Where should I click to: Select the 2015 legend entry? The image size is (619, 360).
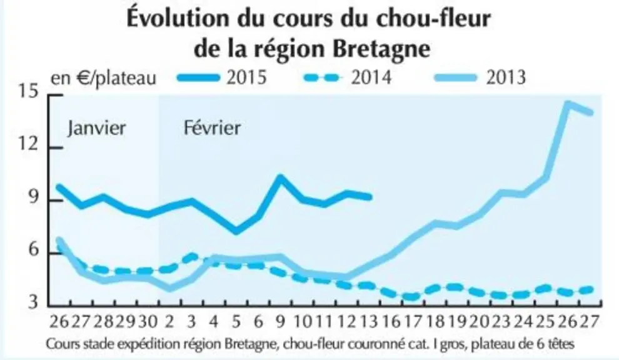coord(223,77)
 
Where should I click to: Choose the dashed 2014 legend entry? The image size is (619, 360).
coord(348,77)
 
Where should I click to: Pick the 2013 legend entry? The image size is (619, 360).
coord(480,77)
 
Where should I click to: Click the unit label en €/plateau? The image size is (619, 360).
coord(103,78)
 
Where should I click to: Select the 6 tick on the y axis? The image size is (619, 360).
coord(33,250)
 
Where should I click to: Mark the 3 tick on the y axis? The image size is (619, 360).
coord(33,302)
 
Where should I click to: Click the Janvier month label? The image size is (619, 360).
coord(96,128)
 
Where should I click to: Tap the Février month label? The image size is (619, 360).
coord(212,128)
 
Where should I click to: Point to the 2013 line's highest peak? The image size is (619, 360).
coord(568,104)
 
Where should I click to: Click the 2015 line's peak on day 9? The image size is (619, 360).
coord(280,177)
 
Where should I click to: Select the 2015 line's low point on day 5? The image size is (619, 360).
coord(236,231)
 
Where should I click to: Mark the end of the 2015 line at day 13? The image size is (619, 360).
coord(370,197)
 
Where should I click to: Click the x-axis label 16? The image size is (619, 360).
coord(391,322)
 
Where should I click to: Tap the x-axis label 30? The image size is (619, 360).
coord(148,322)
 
